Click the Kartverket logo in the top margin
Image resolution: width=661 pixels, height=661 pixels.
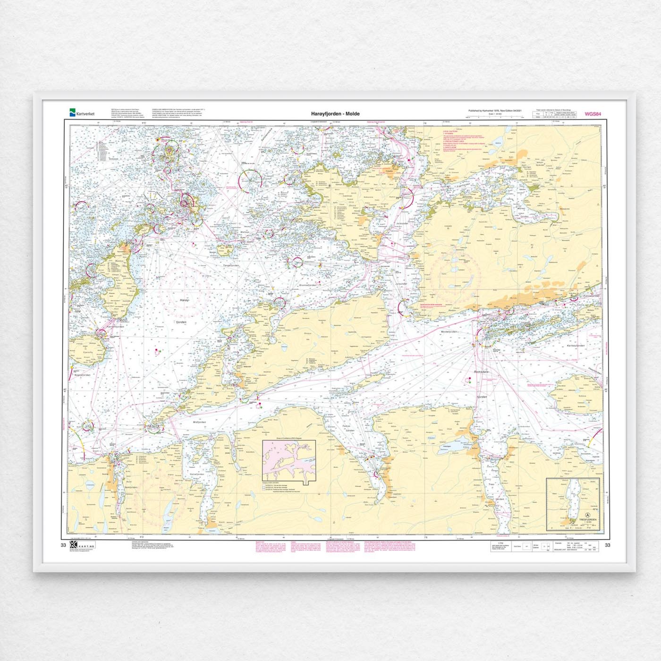click(82, 113)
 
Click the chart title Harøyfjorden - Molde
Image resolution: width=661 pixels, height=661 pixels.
click(335, 114)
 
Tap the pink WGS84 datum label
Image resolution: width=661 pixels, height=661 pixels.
click(593, 114)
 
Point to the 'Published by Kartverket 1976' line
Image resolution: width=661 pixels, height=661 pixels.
click(495, 111)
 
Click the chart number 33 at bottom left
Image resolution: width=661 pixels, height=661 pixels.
click(63, 545)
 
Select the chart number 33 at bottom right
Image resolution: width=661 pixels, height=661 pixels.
click(607, 545)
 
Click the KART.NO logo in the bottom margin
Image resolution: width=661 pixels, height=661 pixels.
click(82, 545)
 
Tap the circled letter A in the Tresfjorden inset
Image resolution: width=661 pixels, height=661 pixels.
click(587, 516)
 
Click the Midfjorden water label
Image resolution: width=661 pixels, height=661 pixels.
click(200, 422)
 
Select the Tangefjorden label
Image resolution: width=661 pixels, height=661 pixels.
click(231, 266)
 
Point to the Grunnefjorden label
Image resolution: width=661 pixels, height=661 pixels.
click(307, 285)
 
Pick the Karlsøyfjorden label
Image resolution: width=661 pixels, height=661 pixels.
click(576, 346)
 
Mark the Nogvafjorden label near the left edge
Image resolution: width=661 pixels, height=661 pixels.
click(82, 375)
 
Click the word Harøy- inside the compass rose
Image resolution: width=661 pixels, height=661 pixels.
click(184, 300)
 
